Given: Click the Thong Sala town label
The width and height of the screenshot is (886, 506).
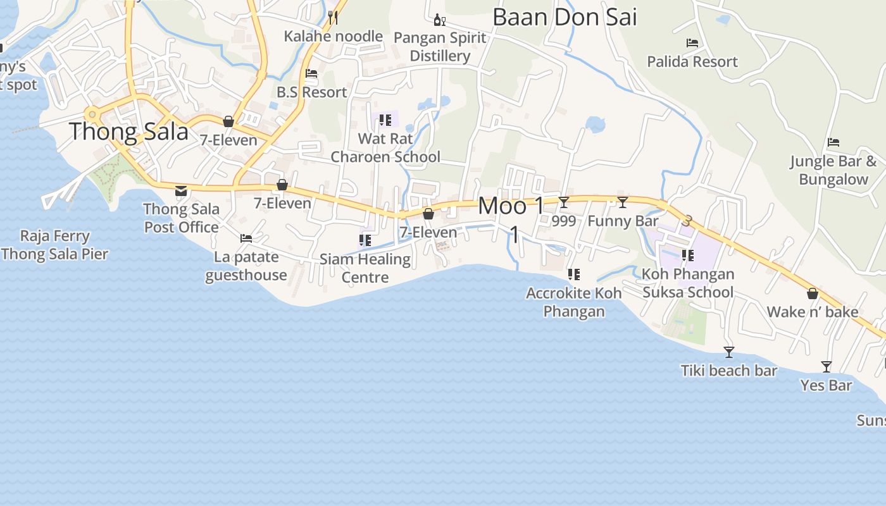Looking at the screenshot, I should click(128, 132).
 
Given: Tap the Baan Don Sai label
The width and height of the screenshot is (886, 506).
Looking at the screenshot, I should click(565, 17).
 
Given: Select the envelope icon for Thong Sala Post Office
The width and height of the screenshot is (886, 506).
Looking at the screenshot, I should click(181, 190).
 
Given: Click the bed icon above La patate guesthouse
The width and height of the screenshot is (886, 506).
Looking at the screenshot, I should click(246, 238).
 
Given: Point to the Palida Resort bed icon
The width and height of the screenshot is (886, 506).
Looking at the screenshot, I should click(692, 43).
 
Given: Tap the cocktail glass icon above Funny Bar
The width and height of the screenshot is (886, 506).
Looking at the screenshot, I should click(623, 202).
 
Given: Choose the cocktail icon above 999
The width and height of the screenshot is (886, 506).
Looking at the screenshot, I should click(563, 202).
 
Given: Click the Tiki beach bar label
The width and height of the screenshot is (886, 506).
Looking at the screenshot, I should click(729, 371).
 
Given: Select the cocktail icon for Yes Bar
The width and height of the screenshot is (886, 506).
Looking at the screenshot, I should click(826, 367).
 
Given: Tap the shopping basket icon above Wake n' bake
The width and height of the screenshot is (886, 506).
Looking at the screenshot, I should click(813, 293).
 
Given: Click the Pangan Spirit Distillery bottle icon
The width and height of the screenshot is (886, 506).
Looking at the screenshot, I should click(439, 20).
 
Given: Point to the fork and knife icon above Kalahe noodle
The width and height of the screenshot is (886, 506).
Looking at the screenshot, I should click(333, 18).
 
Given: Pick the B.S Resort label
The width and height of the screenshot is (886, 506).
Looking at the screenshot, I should click(312, 92).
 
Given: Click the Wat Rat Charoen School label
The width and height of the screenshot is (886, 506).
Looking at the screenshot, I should click(385, 147).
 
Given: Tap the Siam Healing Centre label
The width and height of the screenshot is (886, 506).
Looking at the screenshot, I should click(365, 268).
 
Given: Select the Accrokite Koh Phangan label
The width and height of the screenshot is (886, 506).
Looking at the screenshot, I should click(574, 302).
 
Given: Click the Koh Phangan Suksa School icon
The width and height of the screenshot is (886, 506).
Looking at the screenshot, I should click(688, 256).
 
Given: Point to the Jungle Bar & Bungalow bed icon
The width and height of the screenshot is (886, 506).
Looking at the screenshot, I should click(833, 142).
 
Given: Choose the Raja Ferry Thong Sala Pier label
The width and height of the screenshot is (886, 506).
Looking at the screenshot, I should click(54, 245).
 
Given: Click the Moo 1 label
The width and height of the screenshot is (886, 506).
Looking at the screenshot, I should click(511, 206).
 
